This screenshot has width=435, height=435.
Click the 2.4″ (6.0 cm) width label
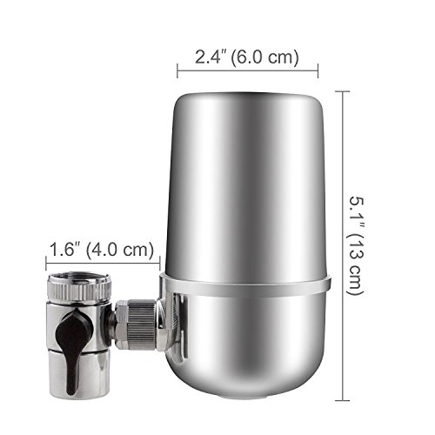tap(246, 57)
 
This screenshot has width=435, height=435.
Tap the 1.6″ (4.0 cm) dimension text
tap(102, 250)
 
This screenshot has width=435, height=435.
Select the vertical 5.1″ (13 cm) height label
tap(357, 246)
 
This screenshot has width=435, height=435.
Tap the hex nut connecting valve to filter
tap(122, 325)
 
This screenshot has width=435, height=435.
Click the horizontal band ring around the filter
tap(245, 285)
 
